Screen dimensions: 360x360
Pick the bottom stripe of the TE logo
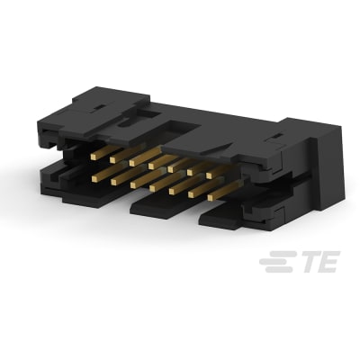click(273, 269)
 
